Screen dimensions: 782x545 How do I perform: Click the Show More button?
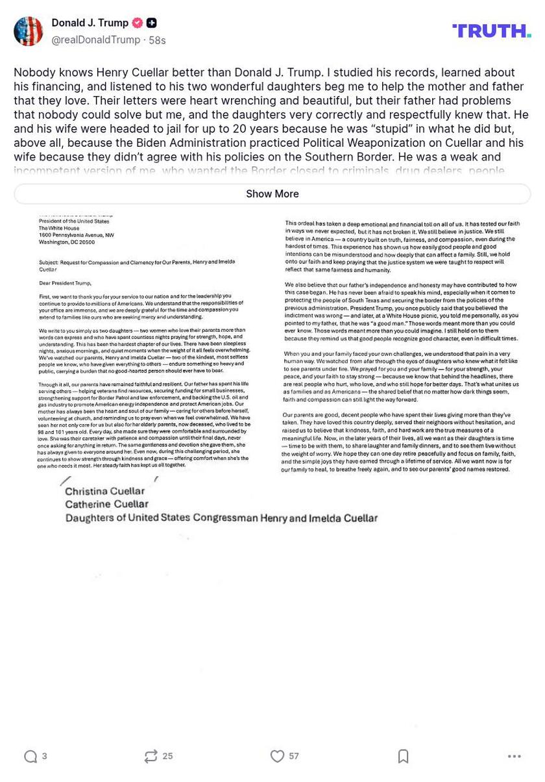click(272, 194)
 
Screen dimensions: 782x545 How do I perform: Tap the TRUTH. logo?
click(491, 31)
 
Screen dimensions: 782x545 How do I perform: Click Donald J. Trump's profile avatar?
click(28, 31)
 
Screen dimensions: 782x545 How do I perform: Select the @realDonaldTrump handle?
click(95, 40)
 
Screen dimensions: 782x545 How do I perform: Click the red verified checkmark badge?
click(138, 23)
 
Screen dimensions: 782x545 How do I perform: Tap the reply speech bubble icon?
click(30, 756)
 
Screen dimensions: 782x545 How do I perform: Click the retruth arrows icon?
click(151, 756)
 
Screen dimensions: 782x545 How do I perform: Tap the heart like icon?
click(277, 756)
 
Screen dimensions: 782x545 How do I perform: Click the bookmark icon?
click(403, 756)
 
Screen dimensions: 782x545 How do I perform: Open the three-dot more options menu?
click(515, 756)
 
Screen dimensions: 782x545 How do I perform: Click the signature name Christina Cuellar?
click(104, 491)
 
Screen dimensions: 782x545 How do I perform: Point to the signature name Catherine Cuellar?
click(106, 504)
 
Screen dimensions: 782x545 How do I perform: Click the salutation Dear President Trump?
click(65, 283)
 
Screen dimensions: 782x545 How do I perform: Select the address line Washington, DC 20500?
click(66, 242)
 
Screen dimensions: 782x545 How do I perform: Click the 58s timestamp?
click(157, 40)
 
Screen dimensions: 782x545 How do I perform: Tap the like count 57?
click(294, 756)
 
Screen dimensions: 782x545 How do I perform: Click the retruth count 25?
click(167, 756)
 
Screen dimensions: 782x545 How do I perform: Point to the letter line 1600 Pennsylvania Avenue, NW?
click(76, 235)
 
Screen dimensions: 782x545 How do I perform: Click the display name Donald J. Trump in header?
click(90, 23)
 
